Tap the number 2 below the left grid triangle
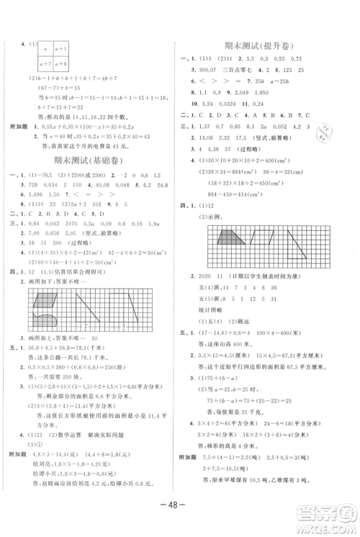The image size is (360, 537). (x=85, y=325)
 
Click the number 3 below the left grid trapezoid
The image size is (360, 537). (x=122, y=325)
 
